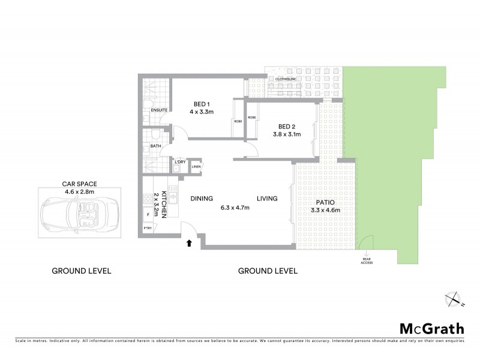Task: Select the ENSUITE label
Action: pyautogui.click(x=159, y=110)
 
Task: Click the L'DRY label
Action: pyautogui.click(x=179, y=162)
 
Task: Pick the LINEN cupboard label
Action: pyautogui.click(x=196, y=166)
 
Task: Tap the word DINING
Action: pyautogui.click(x=202, y=199)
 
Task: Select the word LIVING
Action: pyautogui.click(x=268, y=199)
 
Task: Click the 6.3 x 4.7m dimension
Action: pyautogui.click(x=235, y=208)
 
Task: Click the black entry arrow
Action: pyautogui.click(x=190, y=242)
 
